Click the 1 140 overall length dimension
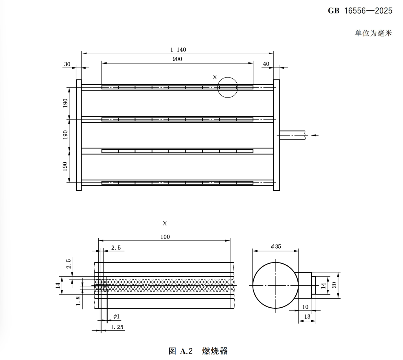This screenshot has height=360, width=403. [x=178, y=50]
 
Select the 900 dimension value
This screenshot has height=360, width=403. [x=177, y=59]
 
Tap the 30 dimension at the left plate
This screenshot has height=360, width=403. [x=67, y=64]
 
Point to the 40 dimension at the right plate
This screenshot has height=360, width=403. [x=266, y=64]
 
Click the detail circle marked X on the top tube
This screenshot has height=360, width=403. [x=228, y=87]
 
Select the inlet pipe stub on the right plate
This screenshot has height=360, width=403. [x=292, y=135]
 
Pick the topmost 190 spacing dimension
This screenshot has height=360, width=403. [x=65, y=103]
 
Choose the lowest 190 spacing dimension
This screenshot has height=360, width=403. [x=65, y=166]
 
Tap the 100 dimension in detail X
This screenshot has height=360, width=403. [x=165, y=237]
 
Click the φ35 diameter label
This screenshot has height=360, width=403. [x=276, y=247]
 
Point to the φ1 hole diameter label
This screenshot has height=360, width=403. [x=116, y=316]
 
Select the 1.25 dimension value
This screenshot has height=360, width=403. [x=117, y=327]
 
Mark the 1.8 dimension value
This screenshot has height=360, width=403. [x=78, y=301]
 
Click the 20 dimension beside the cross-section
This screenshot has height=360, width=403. [x=334, y=285]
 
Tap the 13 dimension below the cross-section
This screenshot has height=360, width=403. [x=307, y=317]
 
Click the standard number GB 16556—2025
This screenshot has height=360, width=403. [x=360, y=11]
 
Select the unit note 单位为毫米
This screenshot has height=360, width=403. [x=373, y=33]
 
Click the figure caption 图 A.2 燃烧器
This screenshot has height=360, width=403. [x=198, y=351]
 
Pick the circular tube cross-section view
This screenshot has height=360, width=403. [x=275, y=285]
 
